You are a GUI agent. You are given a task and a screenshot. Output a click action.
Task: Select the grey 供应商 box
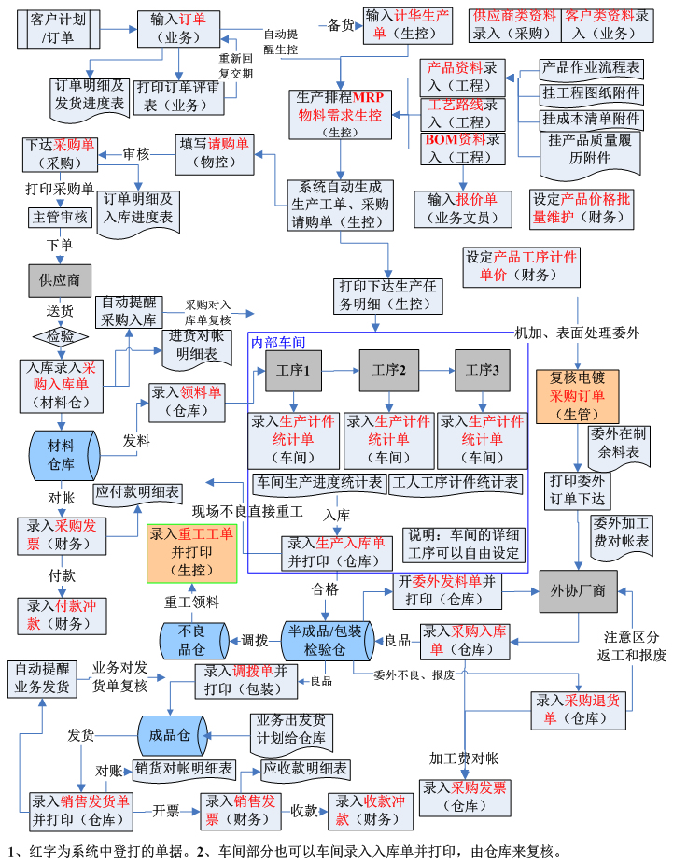pyautogui.click(x=60, y=280)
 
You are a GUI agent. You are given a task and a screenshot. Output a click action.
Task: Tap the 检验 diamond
pyautogui.click(x=60, y=334)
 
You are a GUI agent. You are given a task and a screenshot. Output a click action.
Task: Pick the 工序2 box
pyautogui.click(x=389, y=371)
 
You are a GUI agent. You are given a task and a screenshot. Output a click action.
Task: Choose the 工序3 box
pyautogui.click(x=483, y=371)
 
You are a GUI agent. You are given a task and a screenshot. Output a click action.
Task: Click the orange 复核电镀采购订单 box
pyautogui.click(x=578, y=395)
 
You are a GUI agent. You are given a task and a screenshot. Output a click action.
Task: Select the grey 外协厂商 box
pyautogui.click(x=579, y=591)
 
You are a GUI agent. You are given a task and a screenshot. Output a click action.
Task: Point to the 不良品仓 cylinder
pyautogui.click(x=191, y=641)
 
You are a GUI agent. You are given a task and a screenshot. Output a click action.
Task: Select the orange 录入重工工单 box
pyautogui.click(x=191, y=552)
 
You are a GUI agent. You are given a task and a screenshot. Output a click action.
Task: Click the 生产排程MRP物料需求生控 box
pyautogui.click(x=340, y=114)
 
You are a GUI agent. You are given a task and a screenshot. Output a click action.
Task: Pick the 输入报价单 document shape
pyautogui.click(x=462, y=208)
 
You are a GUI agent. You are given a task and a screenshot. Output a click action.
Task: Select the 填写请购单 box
pyautogui.click(x=215, y=153)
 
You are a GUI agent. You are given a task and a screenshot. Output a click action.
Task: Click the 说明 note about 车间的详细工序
pyautogui.click(x=462, y=544)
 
